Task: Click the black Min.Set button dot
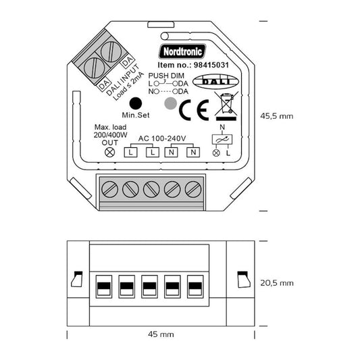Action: click(136, 103)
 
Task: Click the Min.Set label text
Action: click(136, 116)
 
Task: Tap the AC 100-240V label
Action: click(162, 138)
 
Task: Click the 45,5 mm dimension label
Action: click(277, 115)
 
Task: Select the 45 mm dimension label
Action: click(160, 334)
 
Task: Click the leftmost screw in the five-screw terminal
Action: click(109, 189)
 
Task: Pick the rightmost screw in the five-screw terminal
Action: click(195, 189)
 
